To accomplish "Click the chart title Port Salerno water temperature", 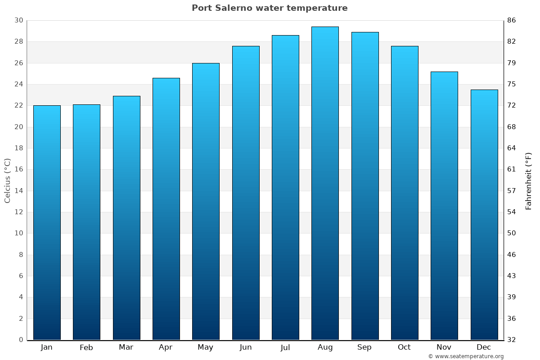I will tap(270, 8).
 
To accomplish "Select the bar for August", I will tap(325, 183).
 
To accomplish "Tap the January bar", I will tap(47, 223).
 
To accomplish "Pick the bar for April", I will tap(166, 209).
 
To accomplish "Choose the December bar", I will tap(484, 215).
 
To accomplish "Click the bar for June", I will tap(246, 193).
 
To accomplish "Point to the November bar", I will tap(444, 206).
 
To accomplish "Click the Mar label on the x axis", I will tap(126, 347).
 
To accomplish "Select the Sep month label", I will tap(364, 347).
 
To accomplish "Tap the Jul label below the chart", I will tap(285, 347).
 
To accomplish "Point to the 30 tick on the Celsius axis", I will tap(18, 21).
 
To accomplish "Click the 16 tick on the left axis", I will tap(18, 170).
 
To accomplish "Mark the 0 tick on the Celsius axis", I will tap(21, 340).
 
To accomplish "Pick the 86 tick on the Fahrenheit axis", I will tap(512, 21).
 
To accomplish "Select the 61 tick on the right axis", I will tap(512, 170).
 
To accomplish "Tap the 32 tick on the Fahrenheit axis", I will tap(512, 340).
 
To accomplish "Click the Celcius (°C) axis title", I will tap(8, 180).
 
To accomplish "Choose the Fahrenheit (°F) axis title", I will tap(529, 180).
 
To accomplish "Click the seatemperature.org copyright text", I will tap(466, 356).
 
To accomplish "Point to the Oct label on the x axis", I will tap(404, 347).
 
